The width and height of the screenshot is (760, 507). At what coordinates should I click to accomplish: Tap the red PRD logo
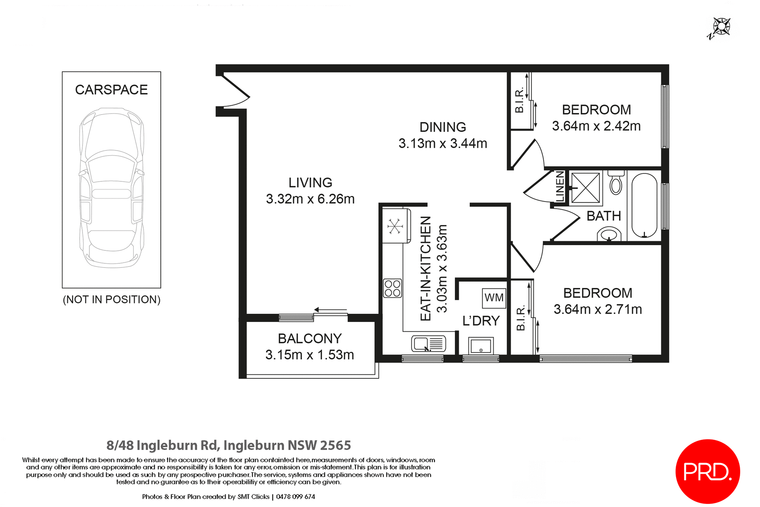tap(707, 471)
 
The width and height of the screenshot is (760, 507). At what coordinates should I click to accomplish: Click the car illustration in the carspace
tap(111, 188)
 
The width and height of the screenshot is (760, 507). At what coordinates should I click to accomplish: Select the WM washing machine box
tap(494, 298)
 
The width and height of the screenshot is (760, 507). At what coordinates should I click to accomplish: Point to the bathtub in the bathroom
tap(644, 206)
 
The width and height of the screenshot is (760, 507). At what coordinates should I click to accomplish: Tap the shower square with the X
tap(585, 188)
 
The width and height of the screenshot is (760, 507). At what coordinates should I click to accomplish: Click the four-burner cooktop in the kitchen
tap(392, 288)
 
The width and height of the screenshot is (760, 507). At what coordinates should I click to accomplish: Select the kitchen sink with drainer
tap(429, 343)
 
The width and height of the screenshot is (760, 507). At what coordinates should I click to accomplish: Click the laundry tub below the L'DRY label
tap(481, 346)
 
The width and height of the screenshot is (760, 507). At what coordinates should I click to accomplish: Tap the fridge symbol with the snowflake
tap(395, 227)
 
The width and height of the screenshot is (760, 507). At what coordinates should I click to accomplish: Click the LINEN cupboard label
tap(560, 186)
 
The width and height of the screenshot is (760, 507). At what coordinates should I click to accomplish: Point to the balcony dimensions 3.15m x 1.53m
tap(310, 355)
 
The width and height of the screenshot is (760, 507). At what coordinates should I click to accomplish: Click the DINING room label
tap(443, 127)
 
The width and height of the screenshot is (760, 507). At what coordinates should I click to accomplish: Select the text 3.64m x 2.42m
tap(596, 126)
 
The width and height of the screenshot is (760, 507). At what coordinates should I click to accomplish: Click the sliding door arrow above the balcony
tap(331, 310)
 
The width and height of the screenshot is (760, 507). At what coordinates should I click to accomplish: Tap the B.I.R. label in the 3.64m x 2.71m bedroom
tap(521, 318)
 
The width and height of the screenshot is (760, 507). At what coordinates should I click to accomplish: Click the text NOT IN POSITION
tap(112, 299)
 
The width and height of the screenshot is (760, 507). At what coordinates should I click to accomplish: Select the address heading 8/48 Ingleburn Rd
tap(228, 445)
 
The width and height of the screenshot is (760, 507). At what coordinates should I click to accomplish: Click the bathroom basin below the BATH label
tap(609, 234)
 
